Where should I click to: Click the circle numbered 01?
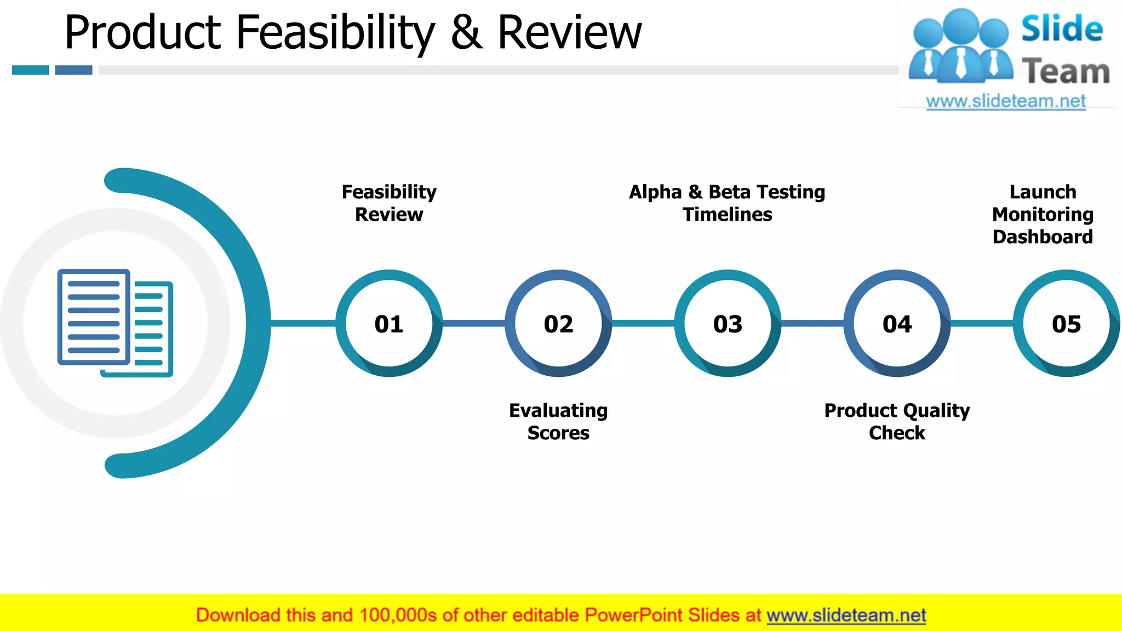[x=389, y=323]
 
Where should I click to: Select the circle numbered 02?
[x=558, y=323]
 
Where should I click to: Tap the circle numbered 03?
[x=728, y=323]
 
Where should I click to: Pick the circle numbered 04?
[x=897, y=323]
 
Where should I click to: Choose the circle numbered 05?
[x=1066, y=323]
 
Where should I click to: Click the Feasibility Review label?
[x=389, y=203]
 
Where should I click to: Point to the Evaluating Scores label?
[x=558, y=421]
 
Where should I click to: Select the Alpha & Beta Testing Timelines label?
[x=727, y=203]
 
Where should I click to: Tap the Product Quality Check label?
[x=897, y=421]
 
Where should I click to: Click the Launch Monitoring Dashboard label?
[x=1043, y=214]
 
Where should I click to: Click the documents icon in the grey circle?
[x=115, y=323]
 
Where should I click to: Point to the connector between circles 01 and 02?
[x=473, y=323]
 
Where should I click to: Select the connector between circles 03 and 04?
[x=812, y=323]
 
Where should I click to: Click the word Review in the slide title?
[x=569, y=33]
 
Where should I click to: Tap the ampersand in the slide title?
[x=467, y=33]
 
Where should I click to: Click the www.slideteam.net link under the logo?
[x=1006, y=101]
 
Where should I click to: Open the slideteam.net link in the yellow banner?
[x=846, y=616]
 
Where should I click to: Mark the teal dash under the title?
[x=31, y=70]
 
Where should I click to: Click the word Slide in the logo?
[x=1062, y=29]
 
